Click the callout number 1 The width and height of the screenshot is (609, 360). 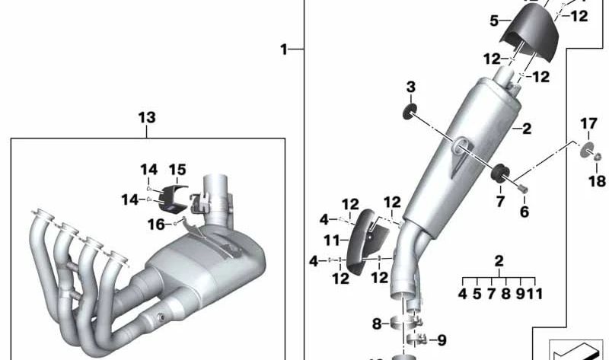[x=283, y=49]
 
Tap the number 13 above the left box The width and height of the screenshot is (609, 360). [x=146, y=117]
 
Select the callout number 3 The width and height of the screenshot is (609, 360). [x=410, y=88]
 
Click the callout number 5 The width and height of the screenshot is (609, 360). [x=494, y=21]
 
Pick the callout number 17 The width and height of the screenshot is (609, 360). [x=589, y=123]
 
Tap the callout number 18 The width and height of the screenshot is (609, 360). [x=598, y=181]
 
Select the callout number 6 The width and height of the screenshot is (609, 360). [x=524, y=212]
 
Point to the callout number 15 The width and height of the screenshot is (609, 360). [x=177, y=169]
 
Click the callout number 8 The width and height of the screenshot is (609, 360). [x=376, y=324]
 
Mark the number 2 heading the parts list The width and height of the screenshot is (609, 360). [x=499, y=261]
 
